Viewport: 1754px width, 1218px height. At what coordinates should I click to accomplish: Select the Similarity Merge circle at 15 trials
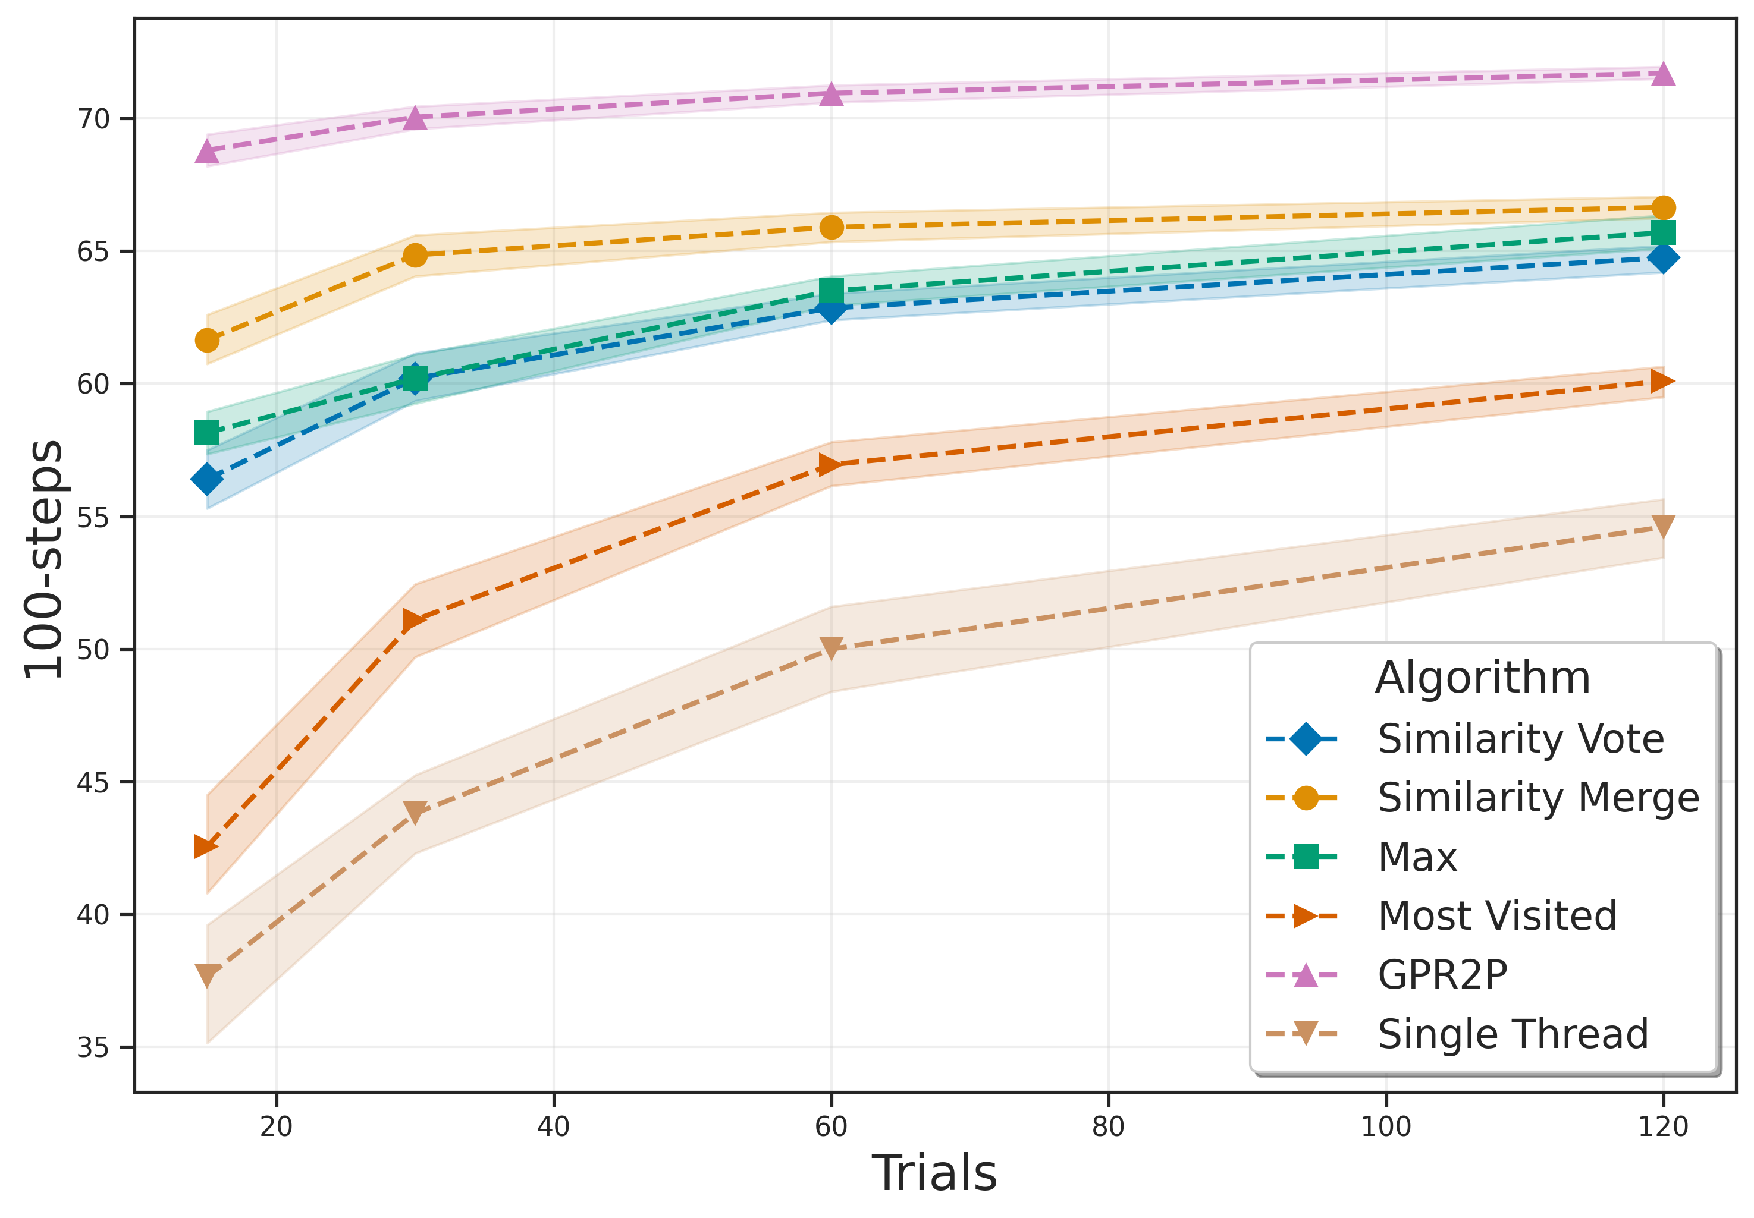[207, 341]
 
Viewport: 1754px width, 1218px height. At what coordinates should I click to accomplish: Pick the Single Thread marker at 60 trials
[831, 647]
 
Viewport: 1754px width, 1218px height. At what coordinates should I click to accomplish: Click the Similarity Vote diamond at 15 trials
[207, 479]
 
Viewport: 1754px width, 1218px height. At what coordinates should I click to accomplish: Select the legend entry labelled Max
[1417, 857]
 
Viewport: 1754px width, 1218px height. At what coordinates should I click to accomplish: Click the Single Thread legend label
[1512, 1035]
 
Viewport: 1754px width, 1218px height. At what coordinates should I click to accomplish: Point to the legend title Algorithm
[1482, 678]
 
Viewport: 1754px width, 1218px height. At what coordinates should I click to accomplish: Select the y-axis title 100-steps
[43, 559]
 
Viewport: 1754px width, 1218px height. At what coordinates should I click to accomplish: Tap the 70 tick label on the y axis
[93, 119]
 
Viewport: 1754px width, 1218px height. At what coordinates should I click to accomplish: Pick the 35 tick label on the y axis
[93, 1048]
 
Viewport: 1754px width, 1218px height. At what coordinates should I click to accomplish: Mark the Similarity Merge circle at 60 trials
[831, 228]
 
